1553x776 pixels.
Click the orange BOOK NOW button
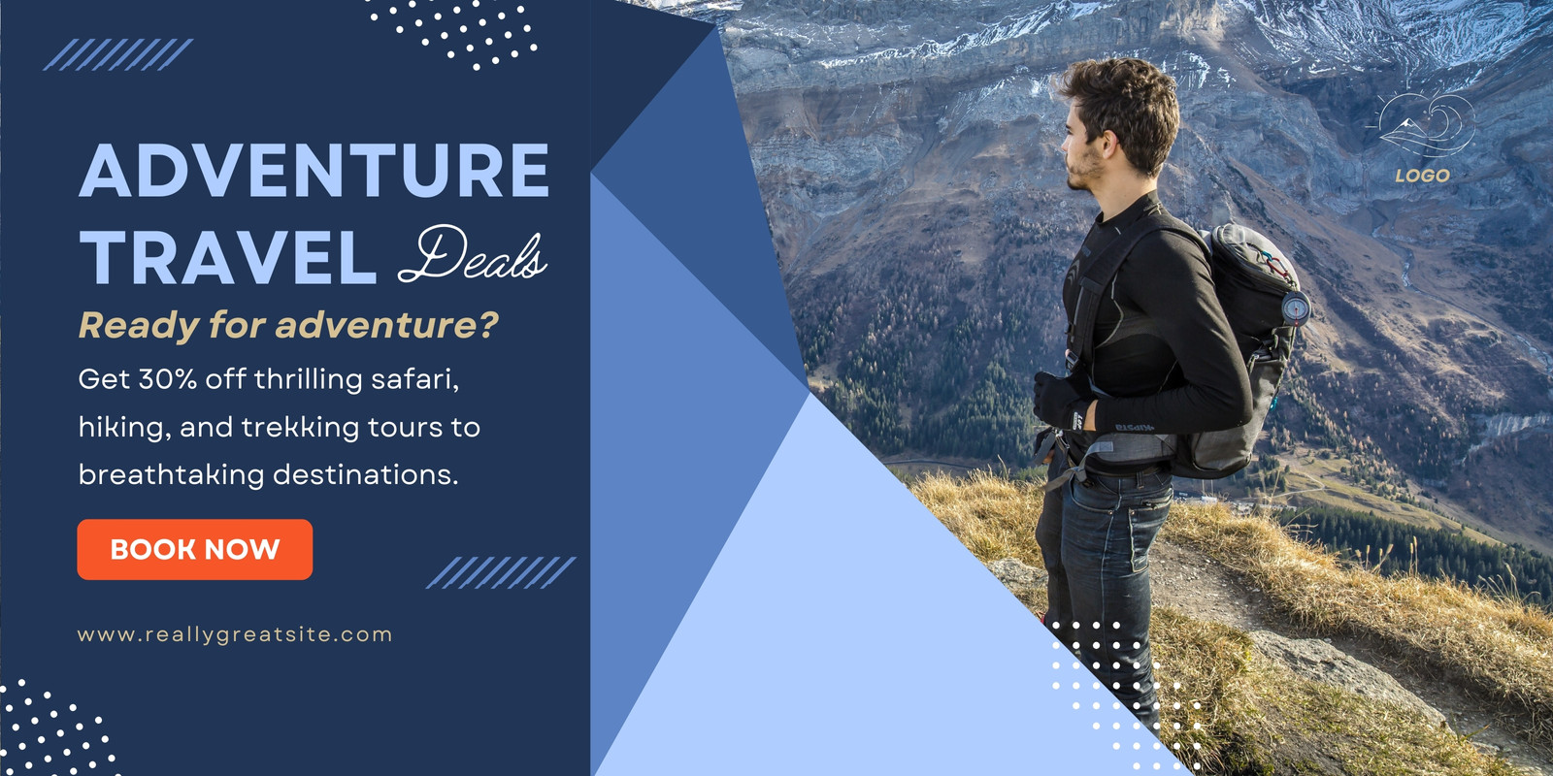(195, 549)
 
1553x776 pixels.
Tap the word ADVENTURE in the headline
(314, 171)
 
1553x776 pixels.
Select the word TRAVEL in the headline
(228, 257)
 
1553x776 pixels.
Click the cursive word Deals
(473, 254)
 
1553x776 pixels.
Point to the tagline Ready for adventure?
(288, 325)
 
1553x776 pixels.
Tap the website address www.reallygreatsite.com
(235, 635)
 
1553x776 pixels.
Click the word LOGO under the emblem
(1423, 176)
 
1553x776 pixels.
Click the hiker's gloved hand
(1057, 401)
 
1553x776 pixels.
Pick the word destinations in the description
(365, 475)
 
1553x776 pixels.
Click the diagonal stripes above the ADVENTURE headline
(117, 54)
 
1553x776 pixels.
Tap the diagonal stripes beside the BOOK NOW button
(501, 572)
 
